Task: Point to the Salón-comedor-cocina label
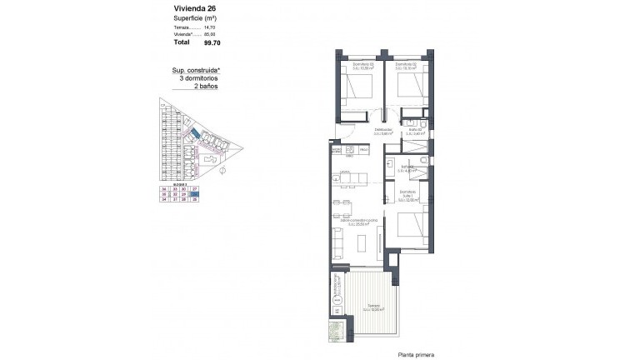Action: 364,221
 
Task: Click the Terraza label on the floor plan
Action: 372,307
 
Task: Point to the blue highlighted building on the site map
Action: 193,132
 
